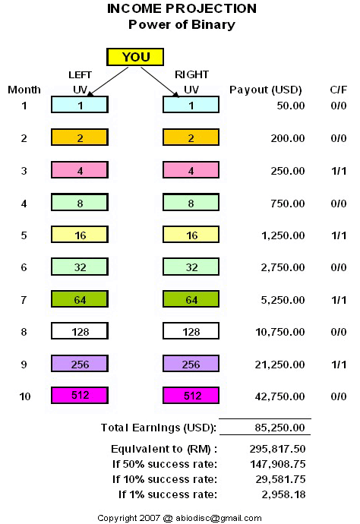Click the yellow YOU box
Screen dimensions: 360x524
click(135, 57)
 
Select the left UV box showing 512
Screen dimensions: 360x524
click(80, 396)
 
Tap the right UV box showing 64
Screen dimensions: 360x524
click(191, 299)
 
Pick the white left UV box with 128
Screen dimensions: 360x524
click(80, 331)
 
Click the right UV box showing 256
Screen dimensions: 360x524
click(191, 364)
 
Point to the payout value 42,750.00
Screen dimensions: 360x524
click(279, 396)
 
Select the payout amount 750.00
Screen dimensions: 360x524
click(287, 204)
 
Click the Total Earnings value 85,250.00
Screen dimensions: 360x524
click(279, 428)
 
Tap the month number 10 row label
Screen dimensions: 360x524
click(25, 396)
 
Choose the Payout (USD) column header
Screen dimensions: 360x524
click(265, 90)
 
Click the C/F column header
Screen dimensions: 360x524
click(338, 90)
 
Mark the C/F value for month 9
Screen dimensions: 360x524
click(339, 365)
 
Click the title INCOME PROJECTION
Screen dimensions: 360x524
click(182, 8)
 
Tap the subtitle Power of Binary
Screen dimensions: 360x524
click(182, 25)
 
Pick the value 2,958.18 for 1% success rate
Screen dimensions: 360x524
click(283, 494)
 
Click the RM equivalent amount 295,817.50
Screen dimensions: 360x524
click(277, 449)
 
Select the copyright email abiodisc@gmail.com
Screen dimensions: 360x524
click(218, 519)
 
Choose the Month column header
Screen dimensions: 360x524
click(24, 90)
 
